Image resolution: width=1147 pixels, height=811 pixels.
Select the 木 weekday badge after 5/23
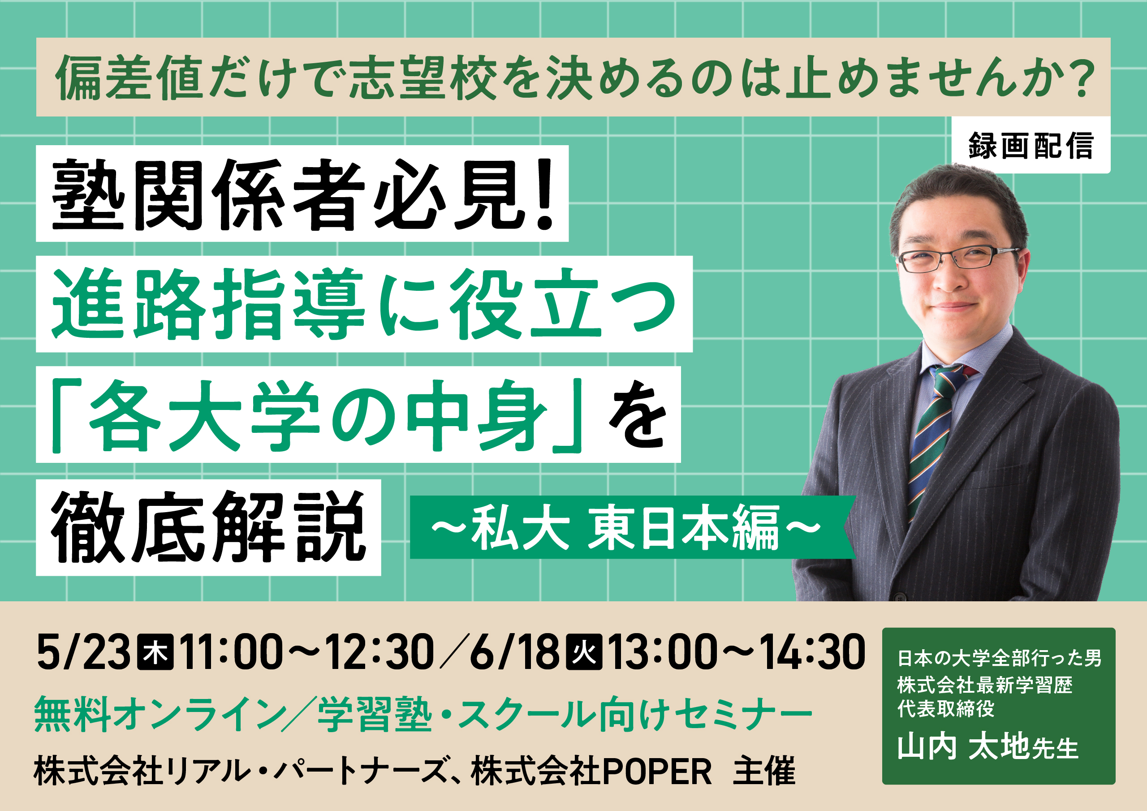(x=155, y=652)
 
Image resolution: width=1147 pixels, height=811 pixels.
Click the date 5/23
(x=83, y=652)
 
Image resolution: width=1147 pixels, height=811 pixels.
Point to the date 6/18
(x=514, y=652)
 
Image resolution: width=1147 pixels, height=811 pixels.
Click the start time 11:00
(x=232, y=652)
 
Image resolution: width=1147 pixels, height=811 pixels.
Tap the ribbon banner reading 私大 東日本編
(x=632, y=527)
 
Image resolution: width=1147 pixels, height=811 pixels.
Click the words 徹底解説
(x=209, y=528)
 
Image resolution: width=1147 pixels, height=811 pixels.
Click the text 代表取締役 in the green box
(x=946, y=708)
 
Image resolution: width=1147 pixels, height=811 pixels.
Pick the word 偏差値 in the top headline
(x=129, y=78)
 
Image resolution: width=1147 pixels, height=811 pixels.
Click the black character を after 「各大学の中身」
(x=638, y=415)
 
